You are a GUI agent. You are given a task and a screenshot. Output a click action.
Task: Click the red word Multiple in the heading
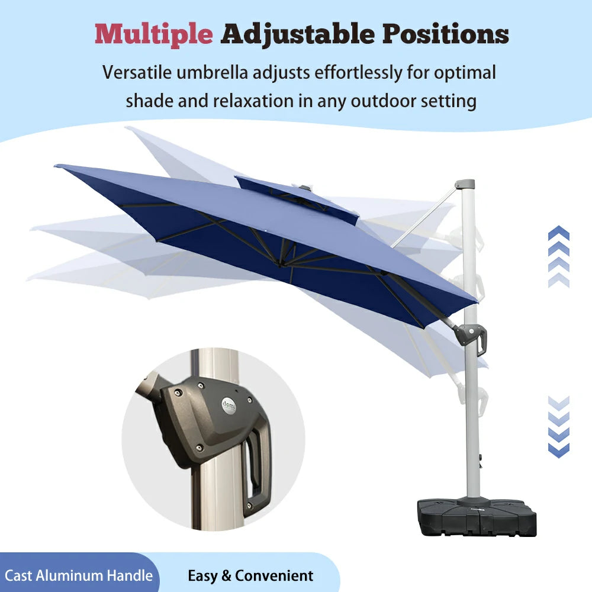153,34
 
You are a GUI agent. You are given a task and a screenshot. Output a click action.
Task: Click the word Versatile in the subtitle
139,73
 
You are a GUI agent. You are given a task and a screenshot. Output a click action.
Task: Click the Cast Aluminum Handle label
79,575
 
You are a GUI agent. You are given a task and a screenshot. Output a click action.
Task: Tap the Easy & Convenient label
250,575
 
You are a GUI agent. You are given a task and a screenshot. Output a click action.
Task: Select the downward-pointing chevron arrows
559,426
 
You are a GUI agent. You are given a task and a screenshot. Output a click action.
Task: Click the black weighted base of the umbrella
477,516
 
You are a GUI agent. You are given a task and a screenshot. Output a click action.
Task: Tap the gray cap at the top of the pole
465,185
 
